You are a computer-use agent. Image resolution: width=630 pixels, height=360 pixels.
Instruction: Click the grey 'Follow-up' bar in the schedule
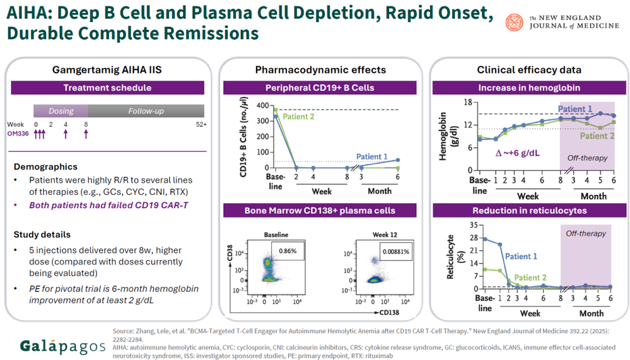(146, 111)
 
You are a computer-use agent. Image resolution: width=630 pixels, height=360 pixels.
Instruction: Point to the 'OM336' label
(19, 134)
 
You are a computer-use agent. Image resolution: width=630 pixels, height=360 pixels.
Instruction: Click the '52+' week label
(201, 125)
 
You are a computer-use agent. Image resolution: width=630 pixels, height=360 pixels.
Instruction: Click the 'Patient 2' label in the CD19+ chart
(298, 117)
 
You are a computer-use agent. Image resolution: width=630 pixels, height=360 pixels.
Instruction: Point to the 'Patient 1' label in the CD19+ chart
(372, 156)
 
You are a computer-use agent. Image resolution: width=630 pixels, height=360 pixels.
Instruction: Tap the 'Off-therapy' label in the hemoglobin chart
(586, 158)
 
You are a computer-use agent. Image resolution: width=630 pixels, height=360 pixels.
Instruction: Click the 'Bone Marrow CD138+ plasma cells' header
(321, 210)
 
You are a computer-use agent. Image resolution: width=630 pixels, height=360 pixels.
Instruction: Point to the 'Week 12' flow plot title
(385, 235)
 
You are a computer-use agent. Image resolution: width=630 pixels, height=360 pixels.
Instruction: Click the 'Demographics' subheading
(46, 167)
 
